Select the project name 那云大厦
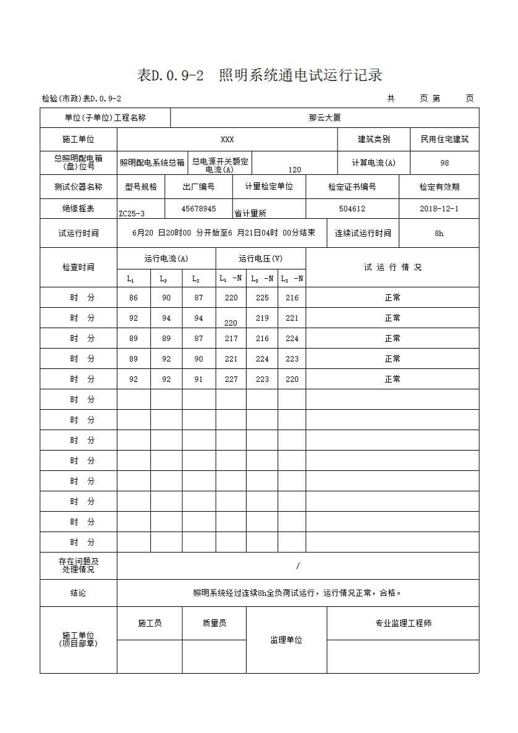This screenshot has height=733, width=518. click(325, 117)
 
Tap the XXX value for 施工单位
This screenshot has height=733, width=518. click(227, 140)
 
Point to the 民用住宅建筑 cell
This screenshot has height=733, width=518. click(444, 140)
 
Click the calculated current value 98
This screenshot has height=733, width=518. click(444, 163)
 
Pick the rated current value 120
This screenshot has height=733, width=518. click(295, 169)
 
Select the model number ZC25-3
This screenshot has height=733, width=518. click(132, 213)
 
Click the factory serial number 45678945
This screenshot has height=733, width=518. click(198, 209)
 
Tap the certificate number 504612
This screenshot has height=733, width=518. click(352, 209)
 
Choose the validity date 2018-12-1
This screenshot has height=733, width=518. click(439, 209)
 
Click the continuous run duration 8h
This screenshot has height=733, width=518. click(439, 234)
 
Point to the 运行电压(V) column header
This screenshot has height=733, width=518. click(260, 258)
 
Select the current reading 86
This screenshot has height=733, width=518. click(134, 298)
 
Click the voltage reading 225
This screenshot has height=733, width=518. click(262, 298)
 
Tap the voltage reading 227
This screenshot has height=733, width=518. click(231, 379)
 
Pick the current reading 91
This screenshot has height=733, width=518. click(198, 379)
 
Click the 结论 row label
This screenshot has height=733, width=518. click(79, 593)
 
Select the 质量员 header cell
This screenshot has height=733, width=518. click(214, 624)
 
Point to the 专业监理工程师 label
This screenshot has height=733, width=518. click(403, 624)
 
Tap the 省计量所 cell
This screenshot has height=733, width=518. click(250, 213)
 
